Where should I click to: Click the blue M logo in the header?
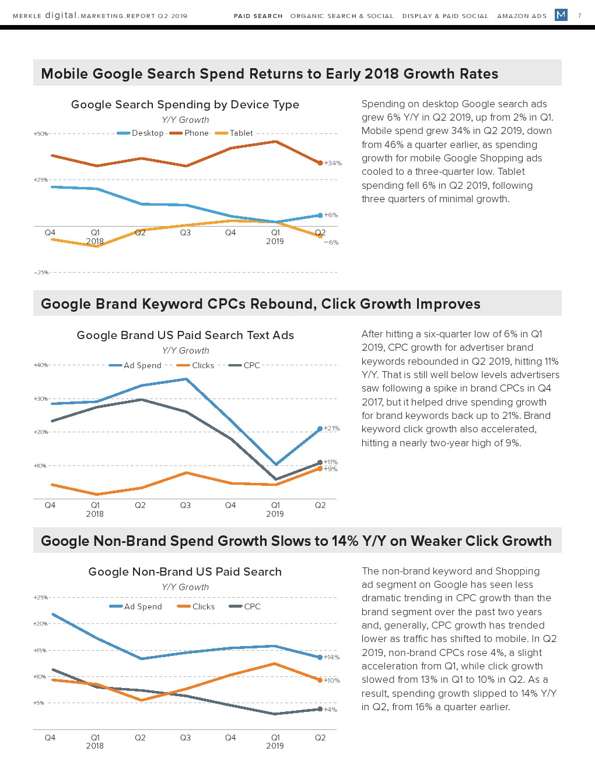[x=561, y=15]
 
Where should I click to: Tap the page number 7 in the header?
[x=579, y=16]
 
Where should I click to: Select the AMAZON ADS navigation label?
[x=521, y=16]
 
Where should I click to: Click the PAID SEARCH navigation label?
[x=258, y=16]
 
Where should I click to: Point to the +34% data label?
[x=333, y=163]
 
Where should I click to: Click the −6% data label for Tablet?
[x=331, y=242]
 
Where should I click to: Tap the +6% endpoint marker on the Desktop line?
[x=320, y=216]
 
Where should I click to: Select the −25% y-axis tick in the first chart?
[x=41, y=273]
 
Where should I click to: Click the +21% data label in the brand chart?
[x=331, y=428]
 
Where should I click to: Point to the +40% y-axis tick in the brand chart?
[x=41, y=365]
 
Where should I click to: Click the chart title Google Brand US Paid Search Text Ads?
[x=185, y=335]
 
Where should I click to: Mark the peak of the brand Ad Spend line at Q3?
[x=185, y=379]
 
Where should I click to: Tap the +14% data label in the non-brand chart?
[x=331, y=657]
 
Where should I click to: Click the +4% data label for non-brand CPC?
[x=330, y=710]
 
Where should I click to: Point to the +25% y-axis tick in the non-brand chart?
[x=41, y=597]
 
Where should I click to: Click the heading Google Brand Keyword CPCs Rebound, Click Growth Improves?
[x=261, y=304]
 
